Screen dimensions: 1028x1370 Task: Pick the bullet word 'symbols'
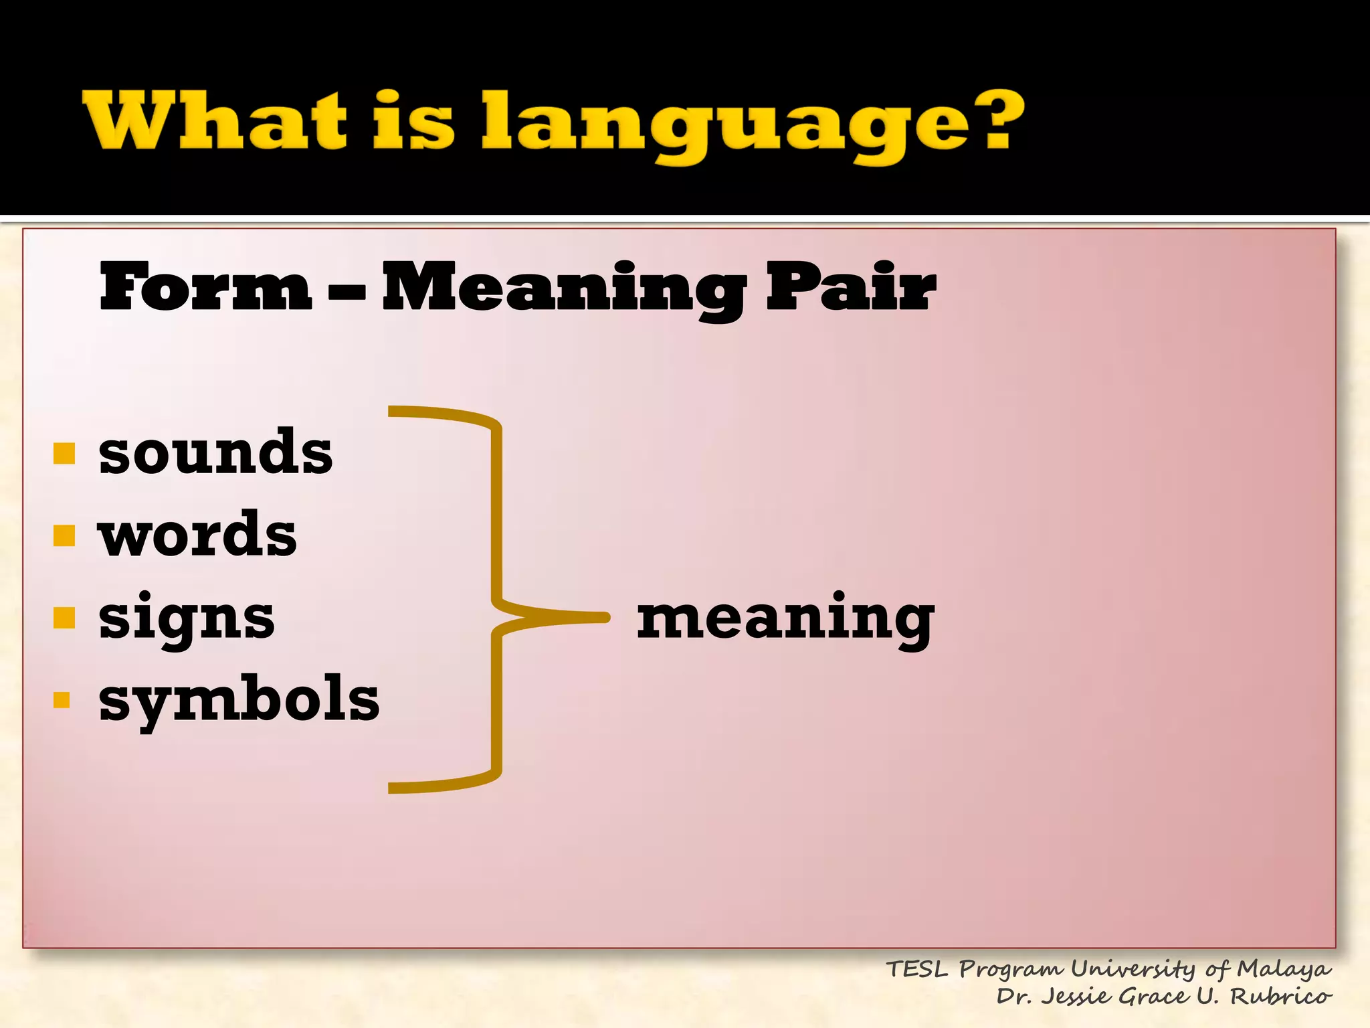click(x=239, y=700)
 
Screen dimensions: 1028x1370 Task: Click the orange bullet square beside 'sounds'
click(x=64, y=453)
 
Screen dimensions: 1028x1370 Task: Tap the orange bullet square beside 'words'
click(x=64, y=535)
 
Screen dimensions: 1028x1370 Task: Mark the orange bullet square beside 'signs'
click(x=64, y=618)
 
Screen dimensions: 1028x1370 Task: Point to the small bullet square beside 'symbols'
click(x=62, y=700)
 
